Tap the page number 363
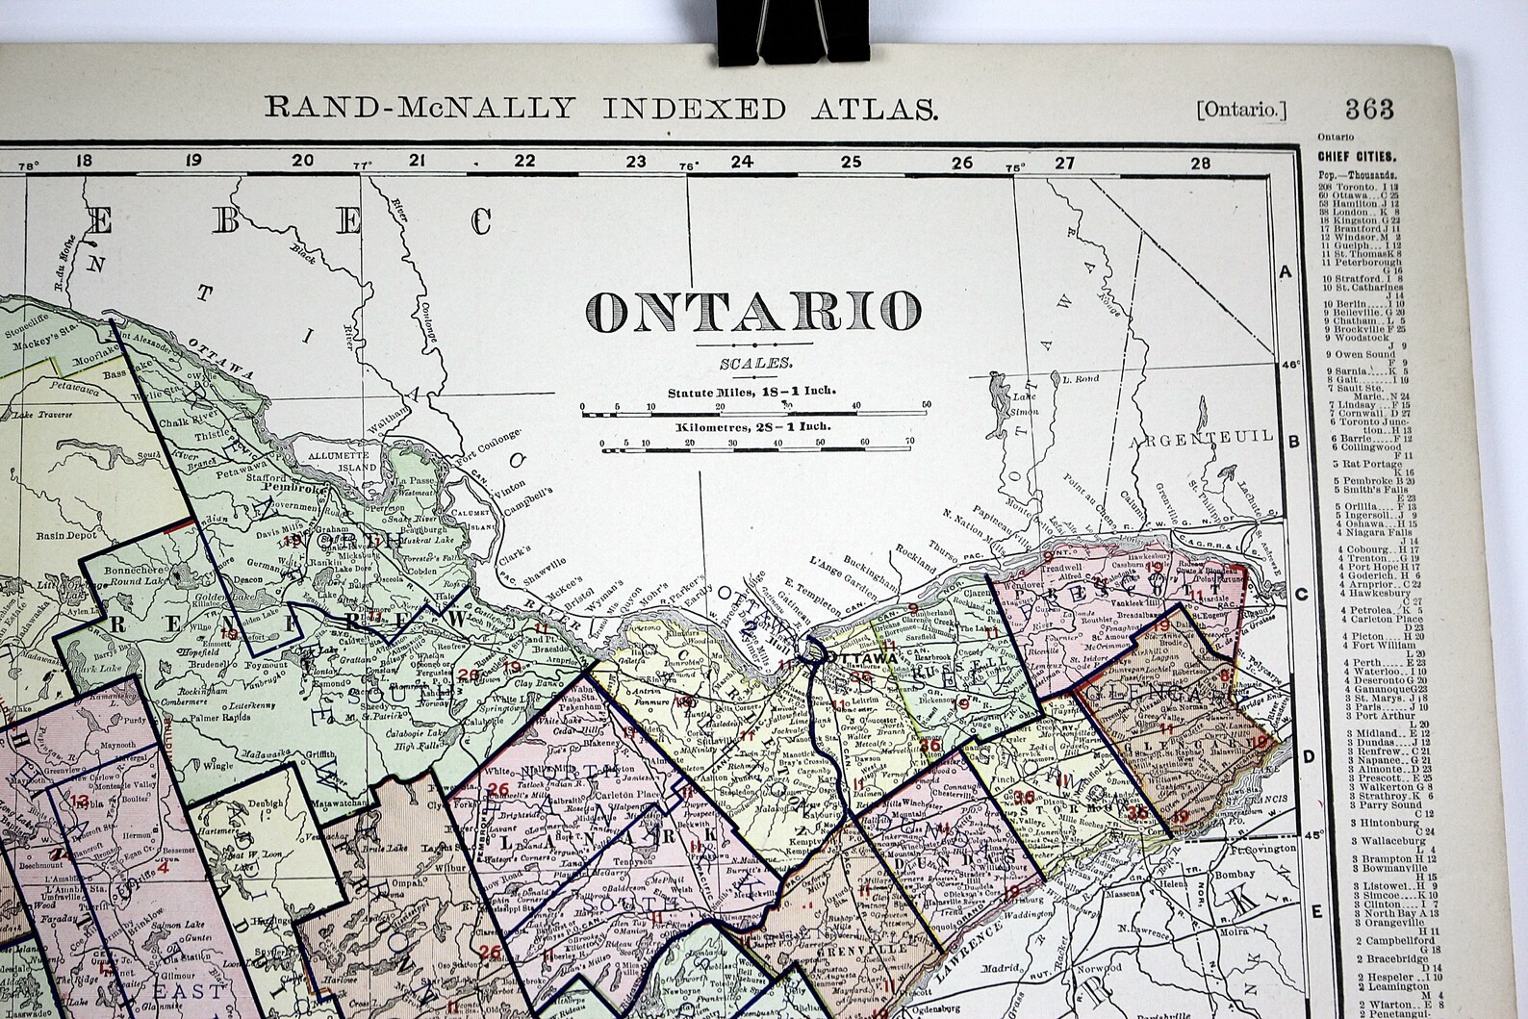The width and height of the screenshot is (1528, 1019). (1369, 108)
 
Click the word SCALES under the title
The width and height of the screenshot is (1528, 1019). (755, 363)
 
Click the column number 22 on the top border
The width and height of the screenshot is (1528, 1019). (524, 162)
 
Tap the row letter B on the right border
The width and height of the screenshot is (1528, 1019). (1294, 442)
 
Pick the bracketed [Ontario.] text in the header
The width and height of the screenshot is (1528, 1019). (1241, 110)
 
